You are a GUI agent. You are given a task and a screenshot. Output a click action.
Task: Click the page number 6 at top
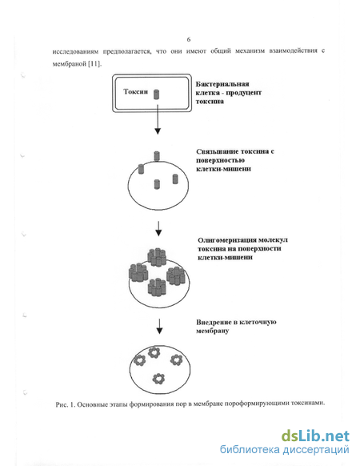(x=189, y=39)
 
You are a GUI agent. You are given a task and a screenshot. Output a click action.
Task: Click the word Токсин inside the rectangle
(x=135, y=91)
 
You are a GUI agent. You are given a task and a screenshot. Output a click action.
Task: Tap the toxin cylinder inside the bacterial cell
(x=156, y=94)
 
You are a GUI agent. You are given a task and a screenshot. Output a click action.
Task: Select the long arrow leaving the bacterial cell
(x=158, y=118)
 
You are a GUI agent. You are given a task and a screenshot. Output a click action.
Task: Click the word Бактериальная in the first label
(x=222, y=84)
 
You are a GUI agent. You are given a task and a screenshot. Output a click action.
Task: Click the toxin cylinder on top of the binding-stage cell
(x=157, y=156)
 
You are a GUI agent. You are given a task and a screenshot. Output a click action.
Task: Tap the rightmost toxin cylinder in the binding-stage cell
(x=175, y=179)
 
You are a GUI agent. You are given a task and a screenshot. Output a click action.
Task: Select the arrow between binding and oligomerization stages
(x=158, y=229)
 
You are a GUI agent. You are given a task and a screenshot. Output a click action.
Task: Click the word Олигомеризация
(x=227, y=240)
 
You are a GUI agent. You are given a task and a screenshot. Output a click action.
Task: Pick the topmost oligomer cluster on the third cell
(x=157, y=257)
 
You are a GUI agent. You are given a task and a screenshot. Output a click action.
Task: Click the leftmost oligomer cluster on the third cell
(x=138, y=272)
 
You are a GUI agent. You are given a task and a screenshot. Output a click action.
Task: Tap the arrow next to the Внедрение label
(x=159, y=327)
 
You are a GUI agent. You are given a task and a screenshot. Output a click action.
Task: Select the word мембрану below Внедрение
(x=212, y=331)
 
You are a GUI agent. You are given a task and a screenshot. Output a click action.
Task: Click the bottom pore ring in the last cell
(x=158, y=379)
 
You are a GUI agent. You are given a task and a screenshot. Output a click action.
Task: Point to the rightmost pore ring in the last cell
(x=177, y=360)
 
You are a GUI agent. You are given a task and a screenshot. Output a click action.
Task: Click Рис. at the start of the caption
(x=62, y=405)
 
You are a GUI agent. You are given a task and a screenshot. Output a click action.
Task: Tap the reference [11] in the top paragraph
(x=94, y=64)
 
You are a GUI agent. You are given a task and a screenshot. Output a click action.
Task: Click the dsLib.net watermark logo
(x=315, y=436)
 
